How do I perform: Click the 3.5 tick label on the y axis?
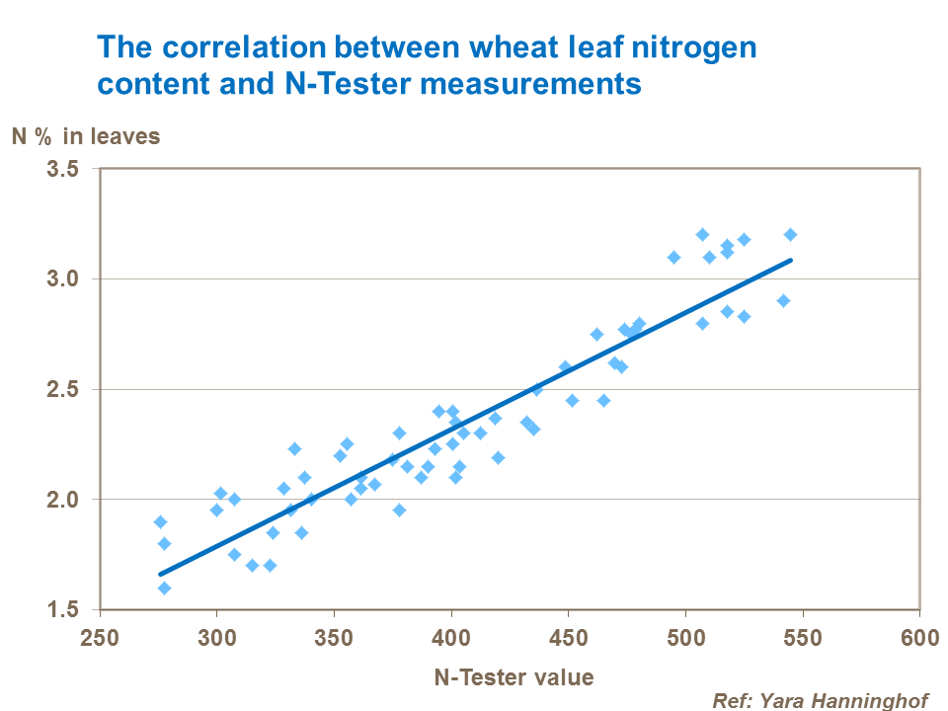(x=63, y=169)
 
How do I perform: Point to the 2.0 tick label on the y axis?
(x=63, y=499)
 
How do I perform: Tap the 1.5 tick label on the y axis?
(x=63, y=609)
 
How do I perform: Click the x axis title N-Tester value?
(x=513, y=677)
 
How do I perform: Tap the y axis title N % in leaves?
(x=85, y=136)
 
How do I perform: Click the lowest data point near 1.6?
(x=164, y=588)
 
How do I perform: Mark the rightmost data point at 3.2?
(x=790, y=234)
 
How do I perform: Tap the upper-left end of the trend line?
(x=790, y=261)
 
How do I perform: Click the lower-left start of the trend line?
(x=160, y=573)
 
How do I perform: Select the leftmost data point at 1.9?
(x=160, y=521)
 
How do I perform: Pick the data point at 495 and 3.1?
(x=673, y=257)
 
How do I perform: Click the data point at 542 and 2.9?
(x=783, y=300)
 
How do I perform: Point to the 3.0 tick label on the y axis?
(x=63, y=278)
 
